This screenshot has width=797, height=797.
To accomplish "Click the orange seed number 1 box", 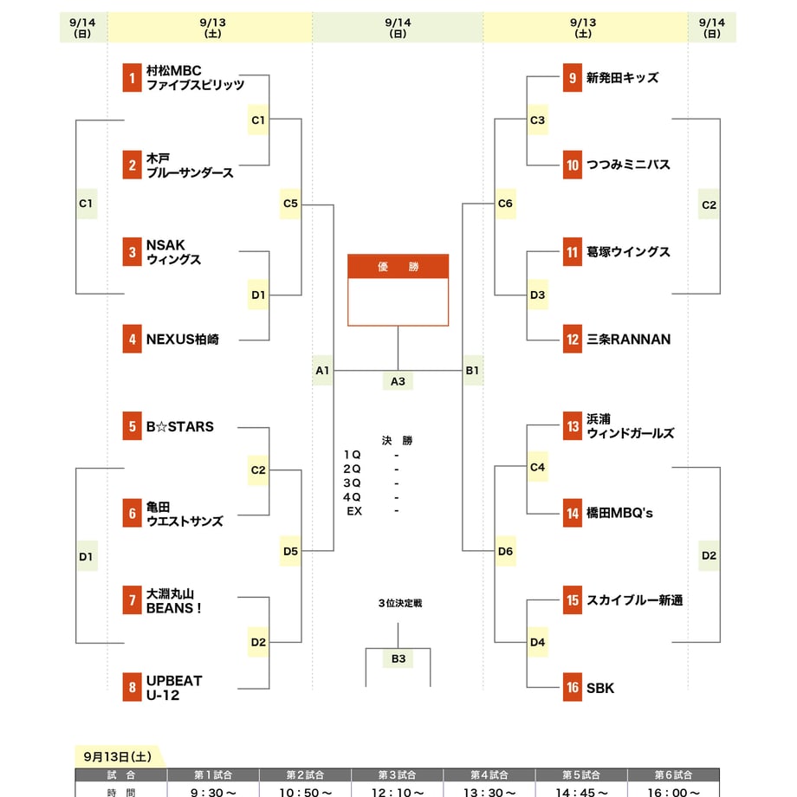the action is pos(133,78).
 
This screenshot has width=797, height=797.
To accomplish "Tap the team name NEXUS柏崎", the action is pos(183,339).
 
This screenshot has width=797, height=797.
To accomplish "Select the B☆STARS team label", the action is pos(180,426).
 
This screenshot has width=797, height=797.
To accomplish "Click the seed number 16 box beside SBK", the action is pos(573,687).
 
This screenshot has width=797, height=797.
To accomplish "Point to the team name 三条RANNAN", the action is pos(629,339).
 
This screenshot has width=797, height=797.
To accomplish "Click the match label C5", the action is pos(290,204).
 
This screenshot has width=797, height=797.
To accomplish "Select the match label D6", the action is pos(505,551).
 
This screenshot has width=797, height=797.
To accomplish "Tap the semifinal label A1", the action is pos(322,371).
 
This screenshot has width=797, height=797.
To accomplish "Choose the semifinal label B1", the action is pos(473,371).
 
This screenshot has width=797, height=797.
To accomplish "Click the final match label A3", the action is pos(398,381).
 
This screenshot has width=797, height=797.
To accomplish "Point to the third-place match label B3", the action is pos(398,658).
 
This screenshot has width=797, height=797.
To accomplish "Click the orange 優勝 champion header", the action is pos(398,266).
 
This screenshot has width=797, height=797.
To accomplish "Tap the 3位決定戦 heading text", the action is pos(400,603).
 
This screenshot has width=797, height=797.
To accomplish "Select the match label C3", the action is pos(537,120).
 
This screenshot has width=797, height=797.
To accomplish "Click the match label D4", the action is pos(537,643).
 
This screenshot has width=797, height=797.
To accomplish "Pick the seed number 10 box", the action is pos(573,165).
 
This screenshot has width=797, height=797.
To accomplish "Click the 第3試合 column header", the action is pos(397,775).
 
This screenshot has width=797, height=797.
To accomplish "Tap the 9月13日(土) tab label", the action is pos(118,757).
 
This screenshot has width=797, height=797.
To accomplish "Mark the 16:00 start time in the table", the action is pos(673,793).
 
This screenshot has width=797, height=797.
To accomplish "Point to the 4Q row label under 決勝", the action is pos(352,497).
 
